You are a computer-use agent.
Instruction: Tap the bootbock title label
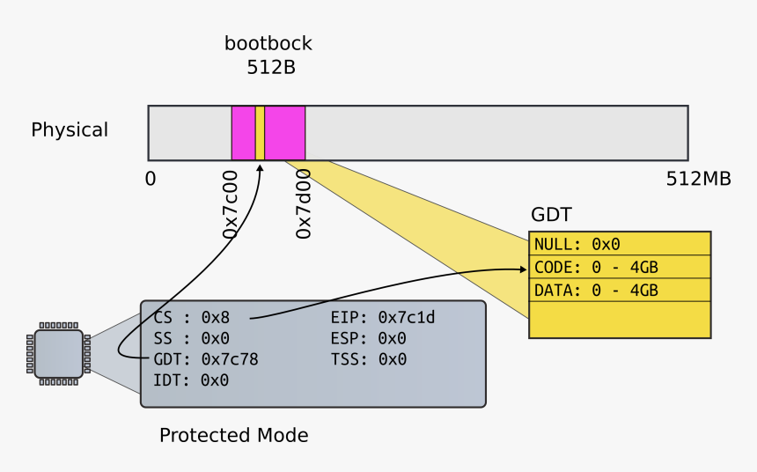point(268,44)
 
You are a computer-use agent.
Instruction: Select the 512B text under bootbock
point(270,67)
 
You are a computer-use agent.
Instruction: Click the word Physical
point(70,130)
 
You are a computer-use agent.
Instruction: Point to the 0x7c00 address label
point(231,205)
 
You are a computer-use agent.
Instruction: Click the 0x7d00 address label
point(304,205)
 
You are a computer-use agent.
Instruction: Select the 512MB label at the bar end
point(698,180)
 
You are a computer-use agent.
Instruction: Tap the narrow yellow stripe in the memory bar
point(260,133)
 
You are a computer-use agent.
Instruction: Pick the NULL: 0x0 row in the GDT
point(577,244)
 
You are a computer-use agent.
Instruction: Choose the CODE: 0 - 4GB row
point(596,267)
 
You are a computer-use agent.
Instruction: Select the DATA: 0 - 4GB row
point(596,290)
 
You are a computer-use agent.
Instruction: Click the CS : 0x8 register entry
point(191,317)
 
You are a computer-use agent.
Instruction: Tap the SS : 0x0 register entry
point(191,338)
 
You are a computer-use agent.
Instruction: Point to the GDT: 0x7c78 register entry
point(205,359)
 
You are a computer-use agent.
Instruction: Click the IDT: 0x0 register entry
point(191,380)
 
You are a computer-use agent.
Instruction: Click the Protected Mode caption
point(233,435)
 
